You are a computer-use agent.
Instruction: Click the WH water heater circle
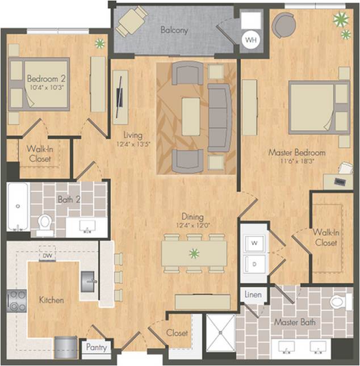(250, 40)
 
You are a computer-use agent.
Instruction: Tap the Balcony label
(174, 30)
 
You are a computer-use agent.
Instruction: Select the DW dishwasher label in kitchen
(47, 256)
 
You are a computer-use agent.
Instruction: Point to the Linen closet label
(253, 295)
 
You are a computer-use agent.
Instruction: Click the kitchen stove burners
(16, 300)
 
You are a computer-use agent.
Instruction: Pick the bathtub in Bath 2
(18, 207)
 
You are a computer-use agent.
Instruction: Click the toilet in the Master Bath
(338, 301)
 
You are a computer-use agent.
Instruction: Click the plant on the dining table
(194, 253)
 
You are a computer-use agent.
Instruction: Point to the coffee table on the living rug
(191, 116)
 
